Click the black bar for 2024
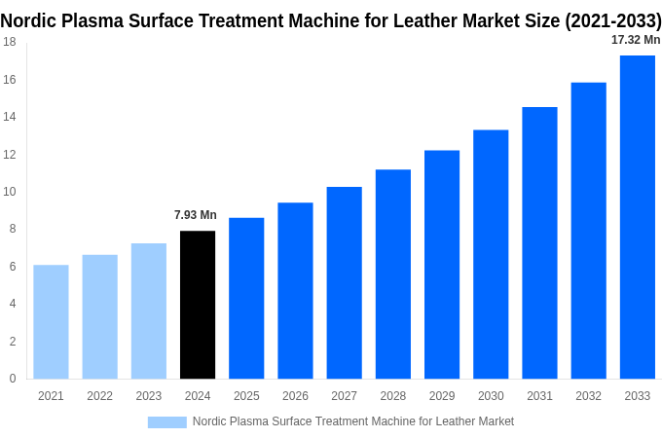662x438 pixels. (x=198, y=305)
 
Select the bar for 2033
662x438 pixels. (x=637, y=217)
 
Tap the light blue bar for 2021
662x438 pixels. (x=51, y=321)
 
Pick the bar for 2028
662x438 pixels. (x=392, y=274)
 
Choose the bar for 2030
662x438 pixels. (x=491, y=254)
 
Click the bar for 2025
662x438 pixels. (x=246, y=298)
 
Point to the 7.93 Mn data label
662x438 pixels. (x=196, y=215)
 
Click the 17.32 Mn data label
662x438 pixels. (x=636, y=40)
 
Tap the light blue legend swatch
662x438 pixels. (x=166, y=421)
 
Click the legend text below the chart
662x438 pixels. (x=352, y=421)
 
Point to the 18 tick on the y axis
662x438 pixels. (x=9, y=42)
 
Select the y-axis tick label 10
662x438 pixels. (x=9, y=192)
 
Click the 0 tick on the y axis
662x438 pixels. (x=12, y=379)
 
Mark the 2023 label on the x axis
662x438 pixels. (x=149, y=396)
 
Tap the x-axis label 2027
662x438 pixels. (x=344, y=396)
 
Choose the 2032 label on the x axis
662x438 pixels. (x=588, y=396)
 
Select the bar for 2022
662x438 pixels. (x=99, y=316)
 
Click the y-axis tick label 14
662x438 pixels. (x=9, y=117)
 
